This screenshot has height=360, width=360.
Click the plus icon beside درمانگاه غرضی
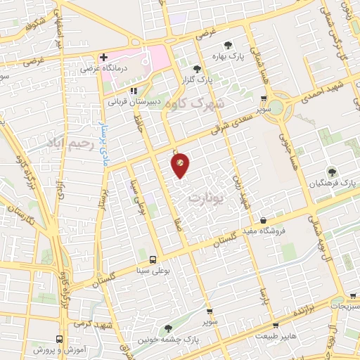point(104,56)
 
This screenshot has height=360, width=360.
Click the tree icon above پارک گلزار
point(197,68)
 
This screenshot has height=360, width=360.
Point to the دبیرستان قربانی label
point(134,101)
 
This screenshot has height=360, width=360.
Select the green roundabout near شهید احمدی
point(276,108)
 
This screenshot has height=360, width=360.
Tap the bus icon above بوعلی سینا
point(153,258)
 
